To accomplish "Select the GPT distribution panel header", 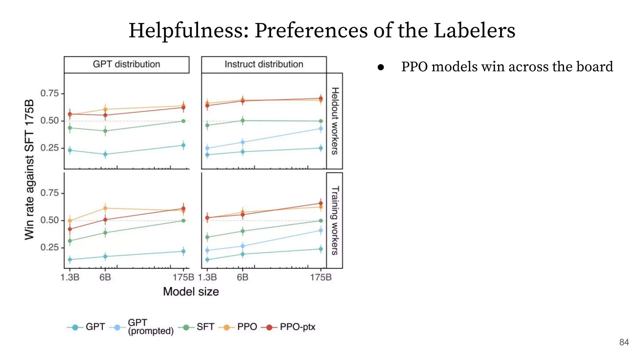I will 126,64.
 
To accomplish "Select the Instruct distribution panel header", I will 264,64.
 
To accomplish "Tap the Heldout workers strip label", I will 335,121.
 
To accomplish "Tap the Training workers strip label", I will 335,220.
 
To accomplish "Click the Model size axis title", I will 191,292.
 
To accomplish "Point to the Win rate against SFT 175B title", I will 29,170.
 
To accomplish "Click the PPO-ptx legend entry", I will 297,327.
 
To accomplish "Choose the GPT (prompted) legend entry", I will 150,327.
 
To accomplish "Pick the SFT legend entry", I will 205,327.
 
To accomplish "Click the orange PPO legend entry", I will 247,327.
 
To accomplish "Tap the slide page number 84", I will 624,342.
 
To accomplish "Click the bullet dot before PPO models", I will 381,67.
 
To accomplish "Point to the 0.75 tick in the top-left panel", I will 50,93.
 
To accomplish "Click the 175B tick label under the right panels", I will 321,277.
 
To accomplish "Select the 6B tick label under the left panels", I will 105,277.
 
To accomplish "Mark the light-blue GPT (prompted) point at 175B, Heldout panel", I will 321,129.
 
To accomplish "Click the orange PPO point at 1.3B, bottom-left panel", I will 70,221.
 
